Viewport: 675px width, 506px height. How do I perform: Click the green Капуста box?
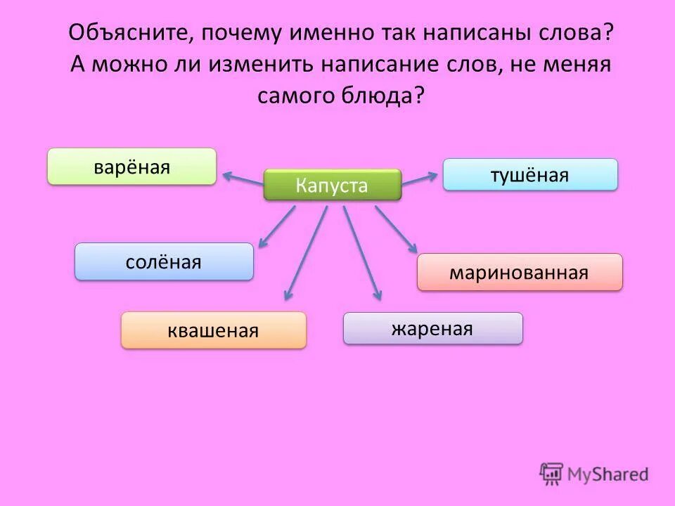[x=332, y=185]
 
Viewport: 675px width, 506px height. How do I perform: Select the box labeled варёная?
[x=131, y=167]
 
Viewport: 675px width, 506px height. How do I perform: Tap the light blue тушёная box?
[x=529, y=174]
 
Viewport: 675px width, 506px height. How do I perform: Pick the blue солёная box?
[x=164, y=261]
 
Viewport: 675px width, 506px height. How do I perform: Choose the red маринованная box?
[x=520, y=272]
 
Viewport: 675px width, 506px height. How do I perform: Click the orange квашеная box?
[x=214, y=330]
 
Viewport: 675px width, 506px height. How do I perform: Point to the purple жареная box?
[x=432, y=328]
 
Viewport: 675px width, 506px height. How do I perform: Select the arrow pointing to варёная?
[x=243, y=178]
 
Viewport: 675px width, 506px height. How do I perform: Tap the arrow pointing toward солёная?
[x=276, y=226]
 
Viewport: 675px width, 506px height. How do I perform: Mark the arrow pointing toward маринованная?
[x=396, y=229]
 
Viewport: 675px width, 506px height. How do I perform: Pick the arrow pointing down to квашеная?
[x=305, y=253]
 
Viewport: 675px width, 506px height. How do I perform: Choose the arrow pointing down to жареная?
[x=362, y=253]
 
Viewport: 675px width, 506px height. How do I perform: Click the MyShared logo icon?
[x=552, y=474]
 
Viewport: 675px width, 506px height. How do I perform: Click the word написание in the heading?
[x=382, y=64]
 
